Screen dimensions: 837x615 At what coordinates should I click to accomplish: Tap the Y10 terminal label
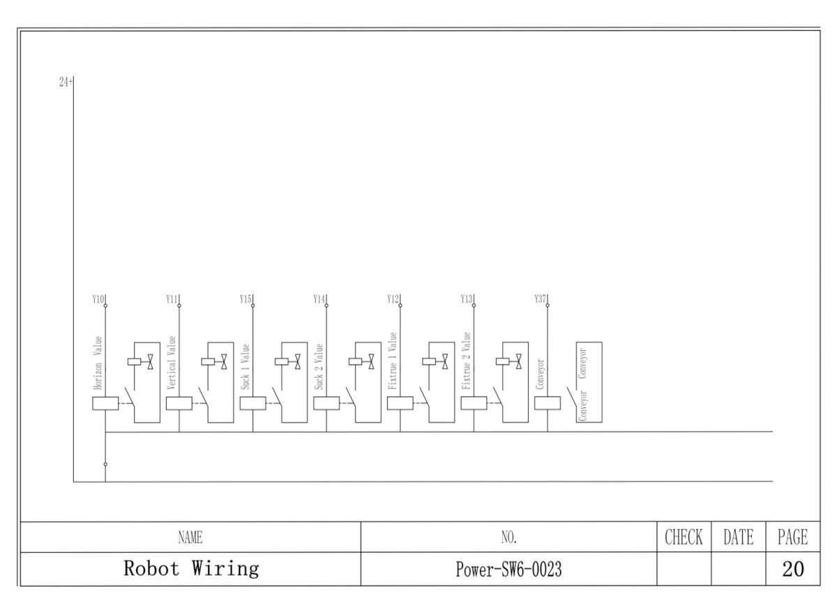[x=98, y=299]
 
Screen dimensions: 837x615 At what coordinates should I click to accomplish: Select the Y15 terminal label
[x=245, y=299]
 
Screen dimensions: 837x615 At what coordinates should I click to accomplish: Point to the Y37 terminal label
[x=540, y=299]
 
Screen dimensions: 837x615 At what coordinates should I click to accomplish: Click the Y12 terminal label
[x=393, y=299]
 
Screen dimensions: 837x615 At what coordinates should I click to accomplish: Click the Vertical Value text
[x=172, y=363]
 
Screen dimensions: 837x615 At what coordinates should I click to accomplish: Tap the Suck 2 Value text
[x=319, y=367]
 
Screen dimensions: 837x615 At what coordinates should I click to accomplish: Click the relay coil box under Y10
[x=105, y=403]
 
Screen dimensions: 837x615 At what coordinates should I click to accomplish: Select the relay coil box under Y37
[x=548, y=403]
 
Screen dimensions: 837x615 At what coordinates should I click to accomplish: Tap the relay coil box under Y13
[x=474, y=403]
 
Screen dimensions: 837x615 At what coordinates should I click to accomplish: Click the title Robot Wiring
[x=191, y=569]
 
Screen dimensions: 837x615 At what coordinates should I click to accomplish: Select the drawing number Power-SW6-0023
[x=509, y=570]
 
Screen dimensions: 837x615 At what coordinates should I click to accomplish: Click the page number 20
[x=792, y=569]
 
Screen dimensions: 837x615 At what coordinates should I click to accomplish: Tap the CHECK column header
[x=684, y=538]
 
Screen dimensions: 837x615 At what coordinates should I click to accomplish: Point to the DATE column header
[x=738, y=538]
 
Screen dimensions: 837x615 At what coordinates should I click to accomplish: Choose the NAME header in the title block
[x=190, y=538]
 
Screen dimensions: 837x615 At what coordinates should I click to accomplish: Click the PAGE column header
[x=792, y=538]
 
